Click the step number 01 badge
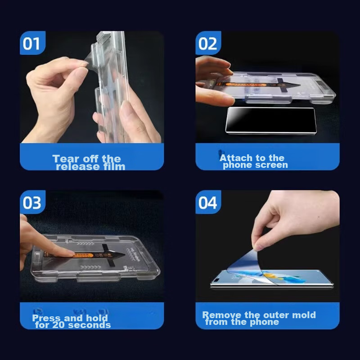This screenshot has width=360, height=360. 32,43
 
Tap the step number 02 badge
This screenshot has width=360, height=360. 208,43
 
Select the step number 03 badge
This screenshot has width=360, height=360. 32,202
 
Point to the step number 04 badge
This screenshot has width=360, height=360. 208,202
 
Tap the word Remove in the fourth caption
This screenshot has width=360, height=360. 222,315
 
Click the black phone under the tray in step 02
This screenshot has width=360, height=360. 271,120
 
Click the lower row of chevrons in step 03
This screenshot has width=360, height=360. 90,267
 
